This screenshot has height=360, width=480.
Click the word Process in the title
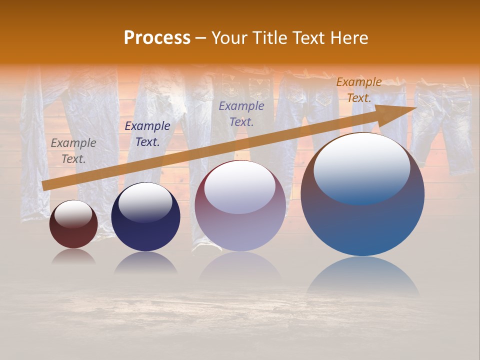[x=157, y=38]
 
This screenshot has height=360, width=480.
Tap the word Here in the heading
[x=348, y=38]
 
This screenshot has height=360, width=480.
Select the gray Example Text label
[x=73, y=151]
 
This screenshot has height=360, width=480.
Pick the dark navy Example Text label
[x=147, y=134]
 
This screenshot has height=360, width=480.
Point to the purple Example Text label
[x=241, y=113]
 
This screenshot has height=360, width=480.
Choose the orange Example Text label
[x=358, y=90]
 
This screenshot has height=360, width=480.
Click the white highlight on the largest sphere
[x=361, y=167]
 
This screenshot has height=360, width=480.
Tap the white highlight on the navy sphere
[x=145, y=202]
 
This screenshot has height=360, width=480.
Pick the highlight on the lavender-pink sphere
[x=240, y=187]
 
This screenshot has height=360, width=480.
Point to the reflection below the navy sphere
[x=145, y=263]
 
